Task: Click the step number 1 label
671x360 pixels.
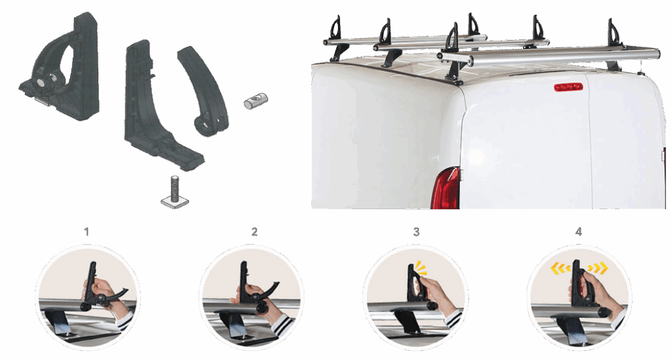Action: point(86,231)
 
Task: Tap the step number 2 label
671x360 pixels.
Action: point(255,231)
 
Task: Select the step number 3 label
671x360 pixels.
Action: point(416,231)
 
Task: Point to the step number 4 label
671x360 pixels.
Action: point(579,231)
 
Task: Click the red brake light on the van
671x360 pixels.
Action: point(569,87)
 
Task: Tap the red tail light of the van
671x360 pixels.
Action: point(446,188)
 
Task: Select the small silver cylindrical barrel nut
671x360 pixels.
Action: point(256,100)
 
